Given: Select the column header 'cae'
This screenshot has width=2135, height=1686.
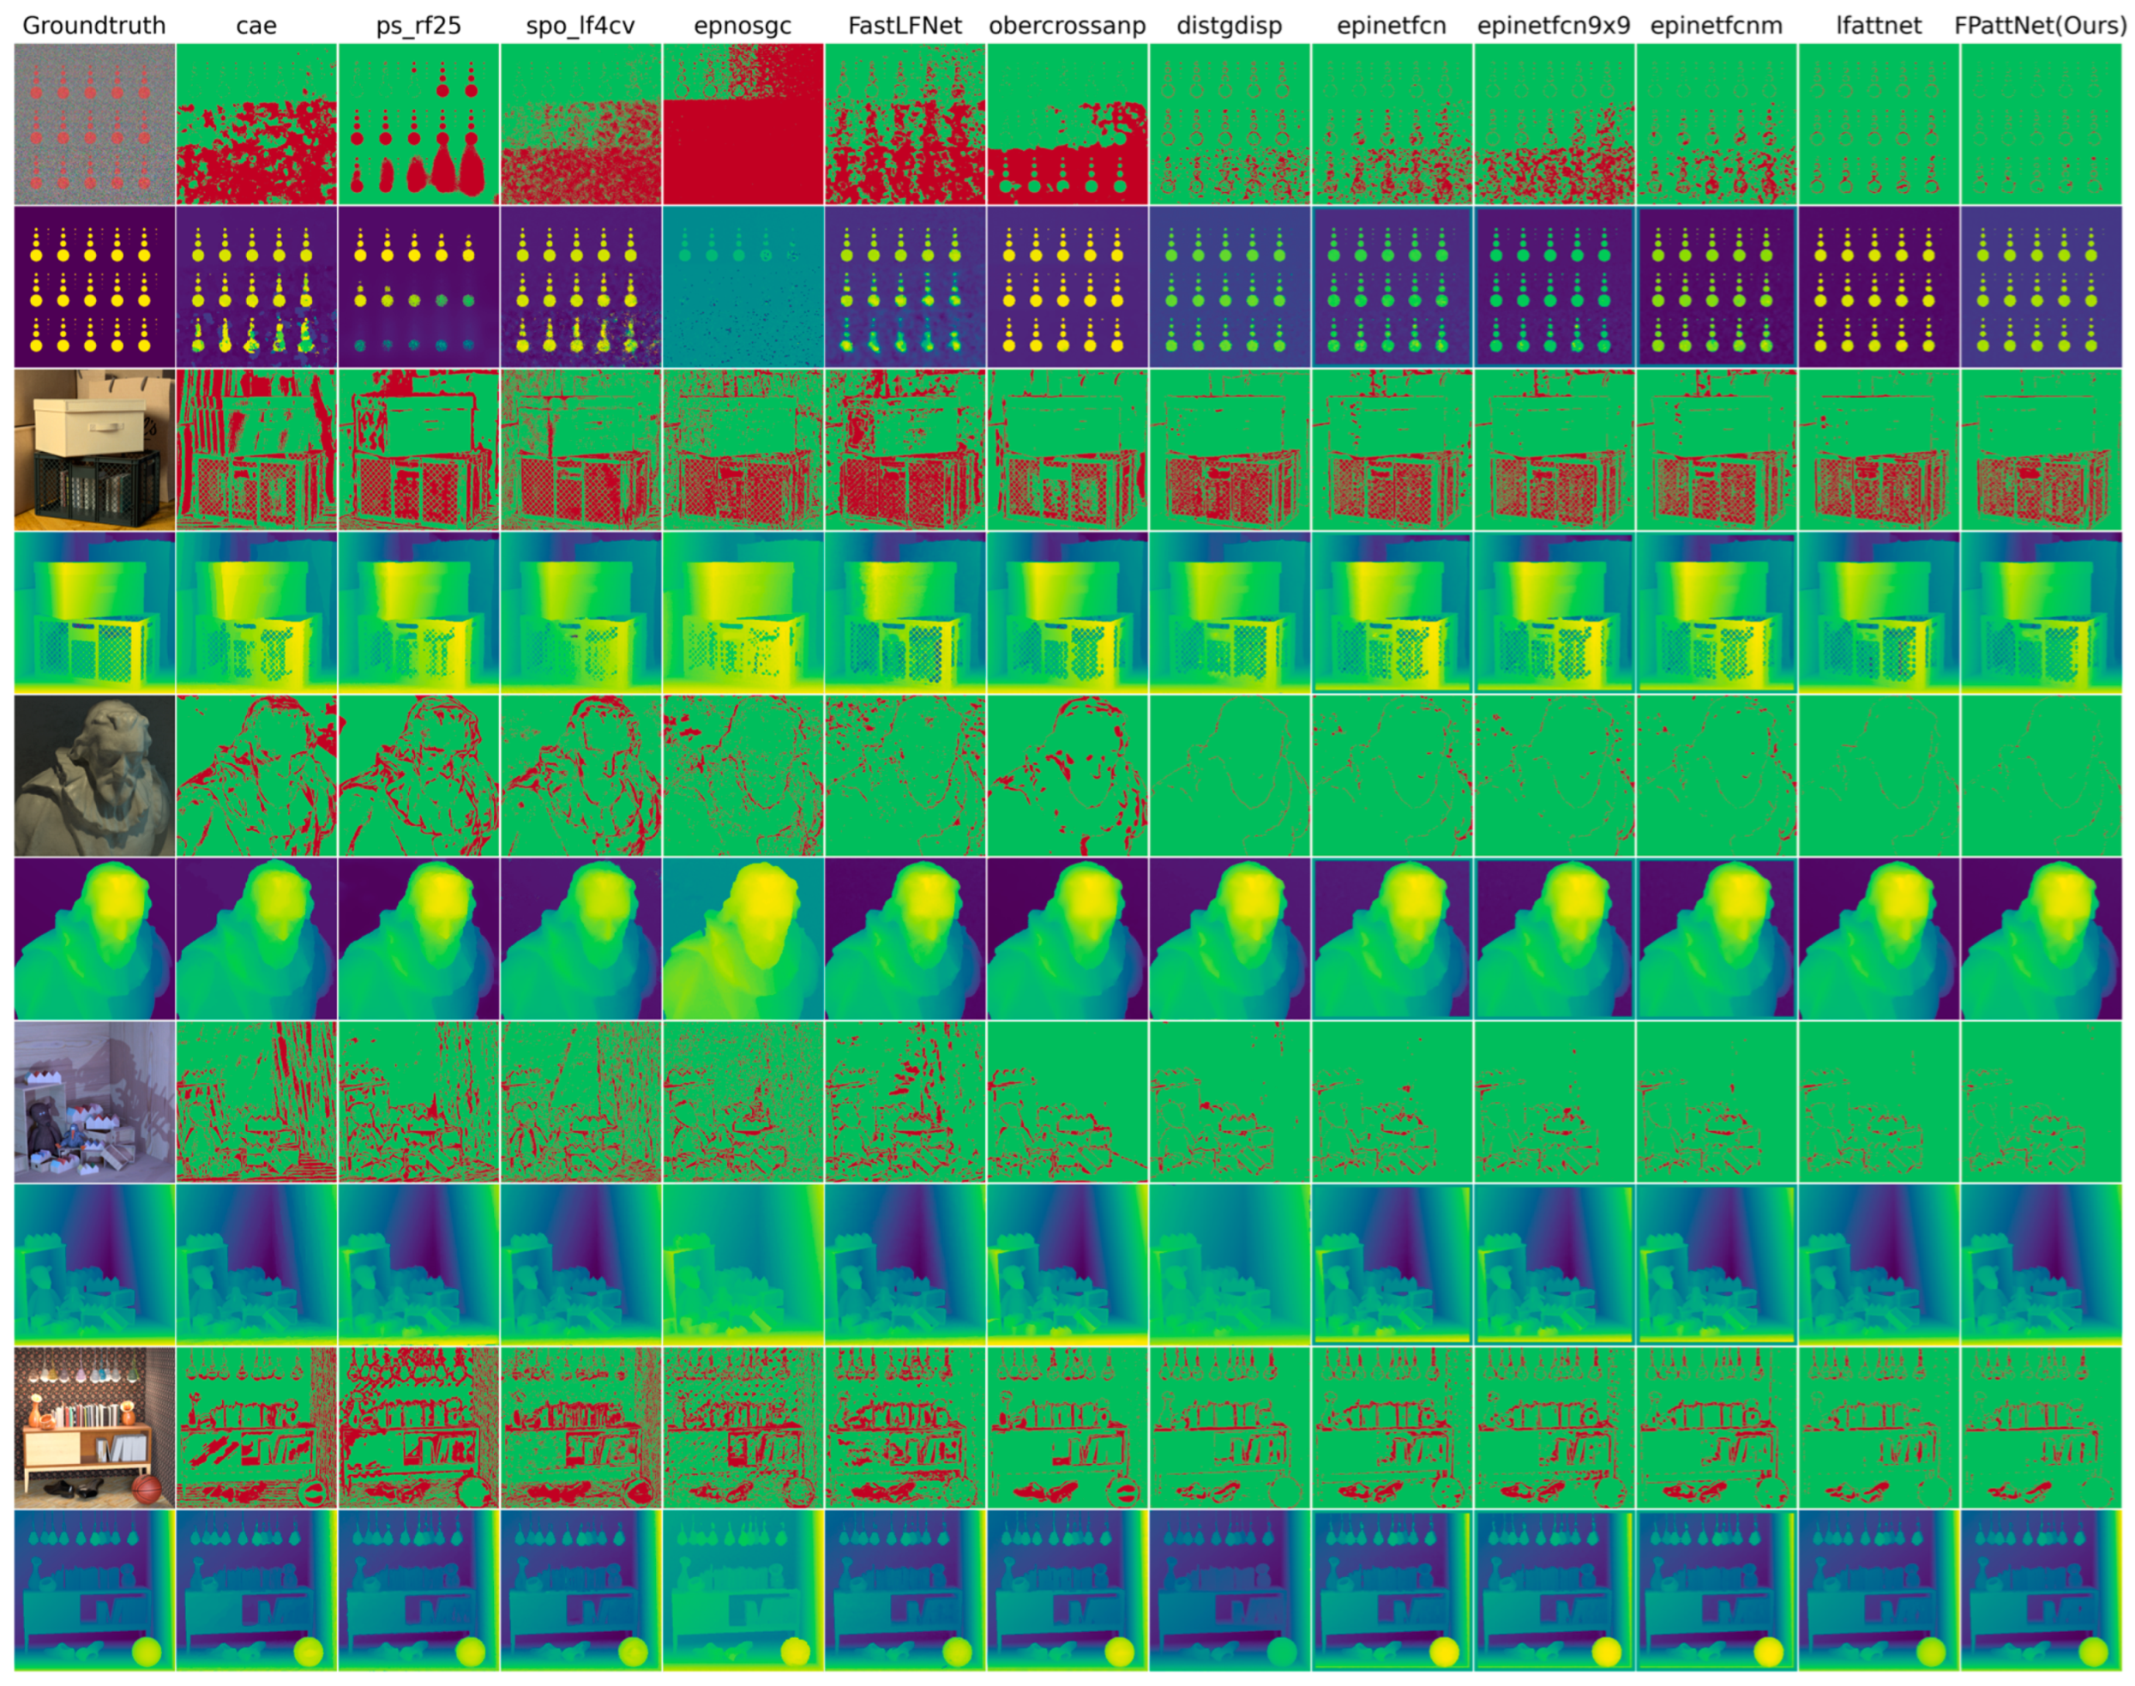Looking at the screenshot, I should (256, 26).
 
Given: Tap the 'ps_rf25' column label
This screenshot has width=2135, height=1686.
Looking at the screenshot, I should (418, 26).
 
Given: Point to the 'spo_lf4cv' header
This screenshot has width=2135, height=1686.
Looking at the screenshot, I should (580, 26).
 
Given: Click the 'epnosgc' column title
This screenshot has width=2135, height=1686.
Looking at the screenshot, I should (743, 26).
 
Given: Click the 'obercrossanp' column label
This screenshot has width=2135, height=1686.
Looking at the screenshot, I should (1067, 26).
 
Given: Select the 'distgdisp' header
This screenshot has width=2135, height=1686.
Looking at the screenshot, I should (1229, 26).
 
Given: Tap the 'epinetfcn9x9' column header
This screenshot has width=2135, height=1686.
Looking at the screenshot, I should (1554, 26).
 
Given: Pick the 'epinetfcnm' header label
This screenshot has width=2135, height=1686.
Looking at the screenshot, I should (1716, 26).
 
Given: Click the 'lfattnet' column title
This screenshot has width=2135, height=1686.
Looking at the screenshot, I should (1879, 26).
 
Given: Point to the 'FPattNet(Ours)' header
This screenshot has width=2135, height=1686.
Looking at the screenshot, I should (2040, 26).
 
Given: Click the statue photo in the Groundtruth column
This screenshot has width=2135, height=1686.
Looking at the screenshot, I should (95, 775).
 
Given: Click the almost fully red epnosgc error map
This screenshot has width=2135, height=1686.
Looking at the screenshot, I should (743, 124).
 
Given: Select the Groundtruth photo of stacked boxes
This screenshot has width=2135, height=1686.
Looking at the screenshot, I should (95, 449).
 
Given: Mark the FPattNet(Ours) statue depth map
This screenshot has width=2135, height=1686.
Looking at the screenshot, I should (2040, 938).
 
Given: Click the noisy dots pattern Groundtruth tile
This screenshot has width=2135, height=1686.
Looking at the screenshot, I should (95, 124).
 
